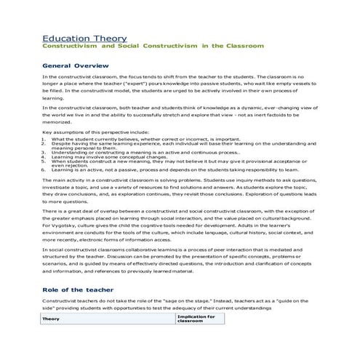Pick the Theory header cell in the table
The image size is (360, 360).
tap(51, 319)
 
